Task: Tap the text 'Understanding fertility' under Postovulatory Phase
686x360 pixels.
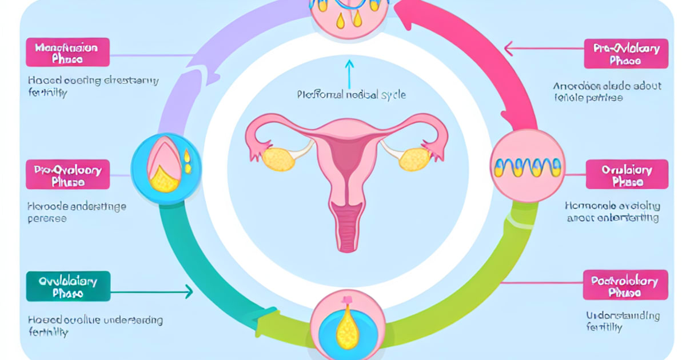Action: click(x=623, y=321)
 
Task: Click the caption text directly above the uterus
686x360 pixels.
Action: click(x=352, y=95)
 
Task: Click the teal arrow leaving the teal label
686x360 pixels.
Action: click(x=152, y=292)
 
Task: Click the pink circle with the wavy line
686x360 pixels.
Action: click(x=527, y=166)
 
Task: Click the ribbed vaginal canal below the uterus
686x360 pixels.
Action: click(x=347, y=229)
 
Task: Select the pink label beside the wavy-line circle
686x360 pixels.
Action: click(x=627, y=175)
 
